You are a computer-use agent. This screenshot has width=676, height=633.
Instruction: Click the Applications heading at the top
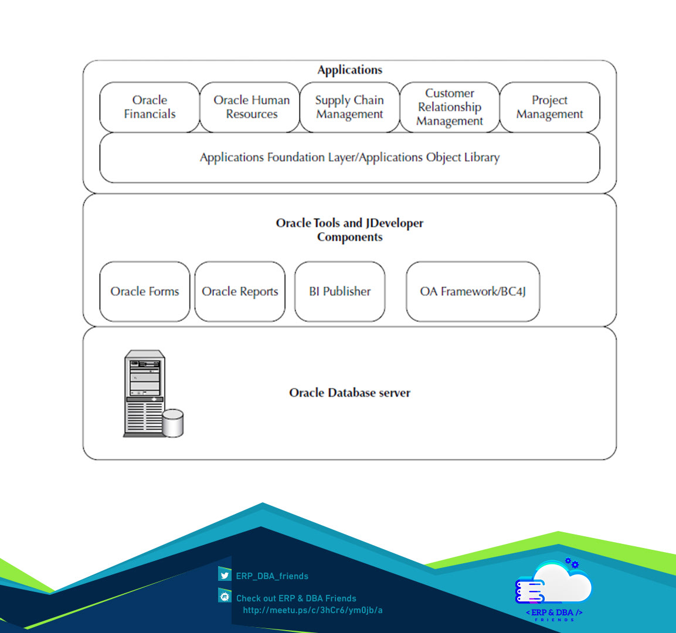(x=349, y=70)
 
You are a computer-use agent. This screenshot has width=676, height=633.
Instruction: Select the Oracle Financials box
(x=150, y=107)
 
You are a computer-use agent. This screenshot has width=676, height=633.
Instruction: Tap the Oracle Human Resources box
(x=251, y=107)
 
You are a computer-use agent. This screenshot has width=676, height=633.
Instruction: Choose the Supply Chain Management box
(x=349, y=107)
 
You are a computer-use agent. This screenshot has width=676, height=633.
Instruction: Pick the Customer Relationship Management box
(x=450, y=107)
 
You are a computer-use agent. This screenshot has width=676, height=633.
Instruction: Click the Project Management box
(x=549, y=107)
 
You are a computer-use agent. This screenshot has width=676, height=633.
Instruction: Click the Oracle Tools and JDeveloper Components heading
(x=349, y=230)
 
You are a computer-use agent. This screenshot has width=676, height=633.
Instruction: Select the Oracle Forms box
(x=145, y=291)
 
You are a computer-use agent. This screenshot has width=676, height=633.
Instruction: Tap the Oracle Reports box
(x=240, y=291)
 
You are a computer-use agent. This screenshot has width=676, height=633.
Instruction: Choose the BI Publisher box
(x=340, y=291)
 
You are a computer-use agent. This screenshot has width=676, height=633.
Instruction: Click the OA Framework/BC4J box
(x=473, y=291)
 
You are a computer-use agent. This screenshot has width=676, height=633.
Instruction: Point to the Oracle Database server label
(x=349, y=393)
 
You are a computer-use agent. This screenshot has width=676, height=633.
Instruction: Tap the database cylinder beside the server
(x=172, y=423)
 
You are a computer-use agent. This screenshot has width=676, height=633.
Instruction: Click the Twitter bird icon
(x=225, y=575)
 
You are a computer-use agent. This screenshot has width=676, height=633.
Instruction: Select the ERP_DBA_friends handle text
(x=272, y=576)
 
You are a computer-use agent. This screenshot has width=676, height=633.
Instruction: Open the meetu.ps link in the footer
(x=312, y=610)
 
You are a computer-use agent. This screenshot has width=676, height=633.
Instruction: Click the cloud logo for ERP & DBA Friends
(x=554, y=583)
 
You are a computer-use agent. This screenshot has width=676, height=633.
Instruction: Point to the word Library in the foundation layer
(x=481, y=158)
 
